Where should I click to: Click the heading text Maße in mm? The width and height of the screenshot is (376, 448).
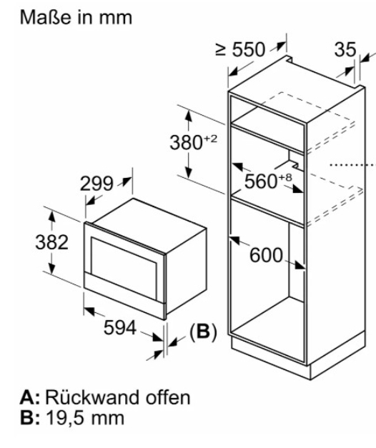point(76,18)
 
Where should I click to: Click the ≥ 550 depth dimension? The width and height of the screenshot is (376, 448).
point(240,49)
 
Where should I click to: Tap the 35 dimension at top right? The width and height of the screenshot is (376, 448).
point(345,49)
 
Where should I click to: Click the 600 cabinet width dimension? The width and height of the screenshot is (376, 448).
point(266,255)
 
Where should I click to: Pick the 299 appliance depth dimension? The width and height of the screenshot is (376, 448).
point(97,184)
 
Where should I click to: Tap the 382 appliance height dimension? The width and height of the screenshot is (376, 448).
point(51,242)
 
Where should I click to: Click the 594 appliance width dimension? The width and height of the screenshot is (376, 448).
point(120,327)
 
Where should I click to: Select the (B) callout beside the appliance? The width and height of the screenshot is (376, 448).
point(203,332)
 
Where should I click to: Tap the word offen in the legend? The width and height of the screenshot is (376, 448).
point(168,397)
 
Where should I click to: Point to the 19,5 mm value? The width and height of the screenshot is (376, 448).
point(85,418)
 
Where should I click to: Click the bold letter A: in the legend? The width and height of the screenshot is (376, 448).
point(30,397)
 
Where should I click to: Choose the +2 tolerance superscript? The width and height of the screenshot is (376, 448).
point(211,139)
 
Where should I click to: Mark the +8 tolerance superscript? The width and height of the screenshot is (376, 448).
point(285,177)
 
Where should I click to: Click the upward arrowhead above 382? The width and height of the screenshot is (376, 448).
point(51,216)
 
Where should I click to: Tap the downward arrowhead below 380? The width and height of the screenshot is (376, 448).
point(188,172)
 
